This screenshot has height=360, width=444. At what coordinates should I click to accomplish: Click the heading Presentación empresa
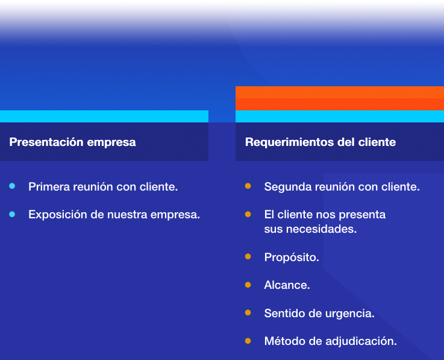72,142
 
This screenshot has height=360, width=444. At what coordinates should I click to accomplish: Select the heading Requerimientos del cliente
320,142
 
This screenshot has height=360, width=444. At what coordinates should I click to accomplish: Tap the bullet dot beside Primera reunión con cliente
12,186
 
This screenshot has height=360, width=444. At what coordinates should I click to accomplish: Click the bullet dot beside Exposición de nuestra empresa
12,214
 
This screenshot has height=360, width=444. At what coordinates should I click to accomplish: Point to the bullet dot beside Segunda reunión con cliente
248,186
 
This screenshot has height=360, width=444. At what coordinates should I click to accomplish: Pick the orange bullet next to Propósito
248,256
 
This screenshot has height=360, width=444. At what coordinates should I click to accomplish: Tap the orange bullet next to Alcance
248,285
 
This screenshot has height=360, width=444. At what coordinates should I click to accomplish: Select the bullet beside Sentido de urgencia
248,312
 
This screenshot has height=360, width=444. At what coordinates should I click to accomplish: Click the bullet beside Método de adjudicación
248,341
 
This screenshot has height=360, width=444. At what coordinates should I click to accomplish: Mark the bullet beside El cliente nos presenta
248,214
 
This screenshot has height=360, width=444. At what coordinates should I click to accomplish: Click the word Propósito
292,257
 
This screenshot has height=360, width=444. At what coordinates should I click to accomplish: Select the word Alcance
287,285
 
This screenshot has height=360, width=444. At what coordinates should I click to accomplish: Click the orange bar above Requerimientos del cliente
340,98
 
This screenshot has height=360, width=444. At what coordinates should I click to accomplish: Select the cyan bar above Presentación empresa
104,116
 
